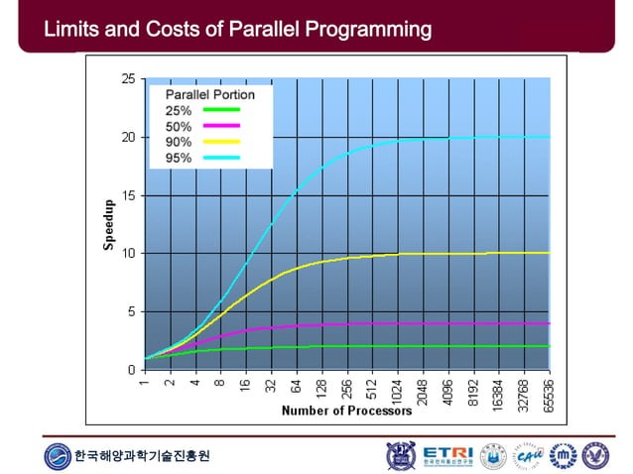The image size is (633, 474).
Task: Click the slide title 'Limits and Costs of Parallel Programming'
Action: tap(238, 29)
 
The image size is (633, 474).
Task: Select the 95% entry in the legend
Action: tap(194, 157)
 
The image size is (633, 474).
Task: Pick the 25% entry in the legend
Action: tap(194, 110)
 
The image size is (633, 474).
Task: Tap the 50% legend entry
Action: tap(194, 126)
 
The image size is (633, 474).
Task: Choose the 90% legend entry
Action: tap(194, 142)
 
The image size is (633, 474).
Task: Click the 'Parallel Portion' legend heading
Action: tap(209, 95)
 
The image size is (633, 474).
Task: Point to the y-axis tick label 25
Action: tap(128, 79)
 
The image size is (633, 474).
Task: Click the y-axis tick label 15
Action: tap(128, 195)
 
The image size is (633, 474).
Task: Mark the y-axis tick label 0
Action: tap(131, 370)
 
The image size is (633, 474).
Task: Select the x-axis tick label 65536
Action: tap(550, 393)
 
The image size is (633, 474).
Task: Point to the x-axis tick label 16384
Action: tap(499, 393)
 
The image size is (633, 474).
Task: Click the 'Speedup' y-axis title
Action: tap(110, 225)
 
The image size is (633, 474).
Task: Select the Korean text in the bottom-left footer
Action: tap(143, 456)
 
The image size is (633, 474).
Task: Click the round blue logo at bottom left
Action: tap(58, 456)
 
